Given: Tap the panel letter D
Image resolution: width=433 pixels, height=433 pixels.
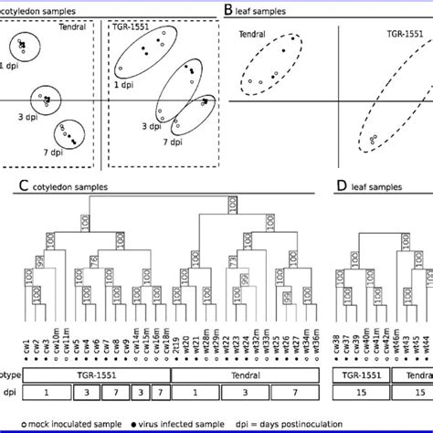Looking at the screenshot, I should coord(343,186).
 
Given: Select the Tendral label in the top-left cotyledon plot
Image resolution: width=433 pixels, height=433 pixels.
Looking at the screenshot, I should coord(72,26).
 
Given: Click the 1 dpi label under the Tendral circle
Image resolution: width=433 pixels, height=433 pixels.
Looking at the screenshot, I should coord(8,66).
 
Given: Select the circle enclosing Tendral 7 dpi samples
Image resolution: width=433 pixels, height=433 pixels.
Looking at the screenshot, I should coord(69,135).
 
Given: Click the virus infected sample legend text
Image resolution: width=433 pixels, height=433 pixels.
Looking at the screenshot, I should coord(173,425).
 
